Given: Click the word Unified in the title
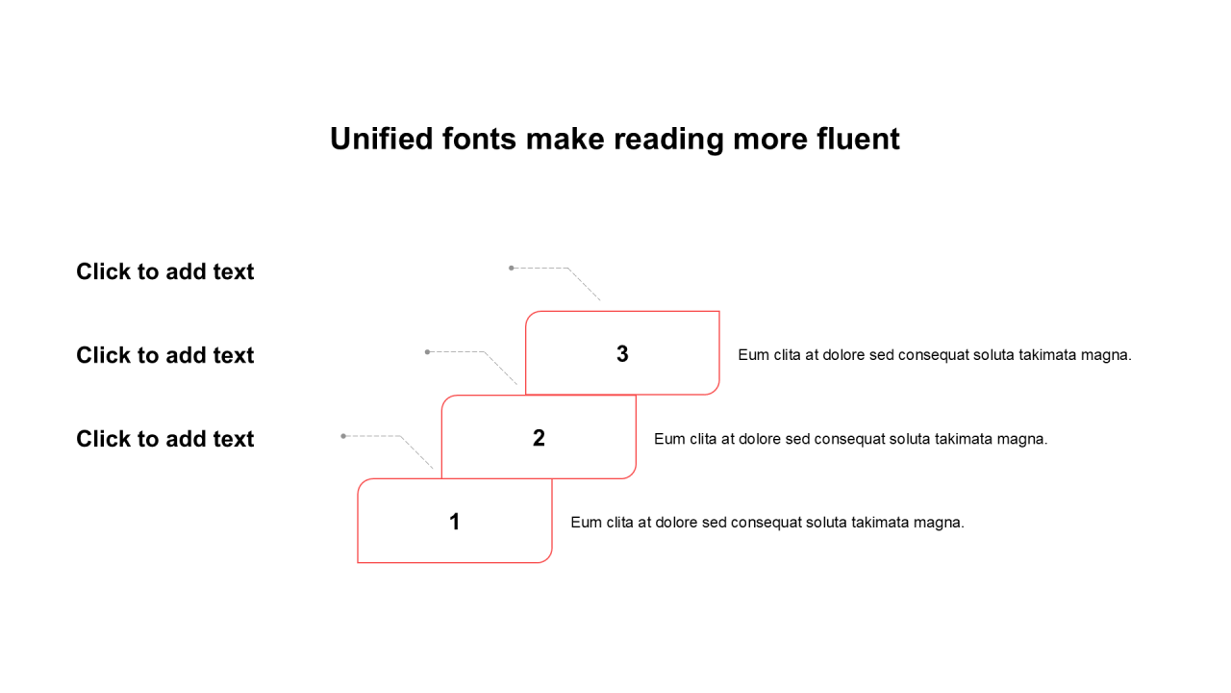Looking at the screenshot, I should coord(382,139).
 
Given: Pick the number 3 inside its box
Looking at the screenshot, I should coord(622,354).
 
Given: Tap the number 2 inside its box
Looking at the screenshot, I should coord(539,438).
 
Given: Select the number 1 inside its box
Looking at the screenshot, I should coord(455,522).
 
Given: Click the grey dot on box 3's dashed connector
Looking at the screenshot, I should coord(512,268).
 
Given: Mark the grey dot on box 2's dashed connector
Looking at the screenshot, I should coord(428,352).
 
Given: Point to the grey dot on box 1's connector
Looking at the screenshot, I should coord(343,436).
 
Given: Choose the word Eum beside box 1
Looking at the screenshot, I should coord(585,523).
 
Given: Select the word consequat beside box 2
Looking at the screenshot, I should coord(850,439).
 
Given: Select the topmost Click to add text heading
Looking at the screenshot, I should coord(165,271).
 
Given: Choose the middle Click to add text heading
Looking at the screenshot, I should coord(165,355).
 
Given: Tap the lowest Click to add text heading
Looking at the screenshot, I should coord(165,439).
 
